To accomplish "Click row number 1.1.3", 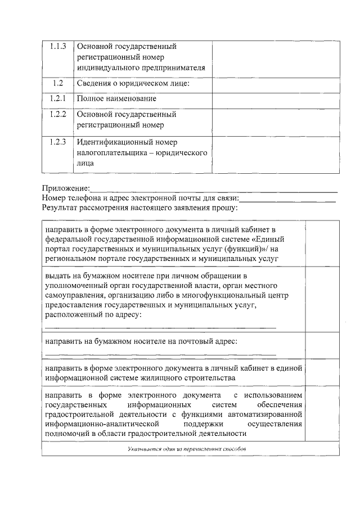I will click(57, 46).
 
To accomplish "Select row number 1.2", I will click(57, 83).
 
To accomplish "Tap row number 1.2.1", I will click(57, 98).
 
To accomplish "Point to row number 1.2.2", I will click(57, 114).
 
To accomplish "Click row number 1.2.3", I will click(57, 141).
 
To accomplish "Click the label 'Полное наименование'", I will click(116, 99).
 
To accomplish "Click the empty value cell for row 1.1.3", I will click(276, 57).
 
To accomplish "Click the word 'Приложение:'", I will click(66, 188).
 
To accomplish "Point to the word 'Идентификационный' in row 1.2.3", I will click(113, 142).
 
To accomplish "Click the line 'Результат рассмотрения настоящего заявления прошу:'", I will click(139, 208).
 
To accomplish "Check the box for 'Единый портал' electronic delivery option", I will click(322, 244).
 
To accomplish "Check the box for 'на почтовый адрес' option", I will click(322, 346).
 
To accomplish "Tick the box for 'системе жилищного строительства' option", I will click(322, 372).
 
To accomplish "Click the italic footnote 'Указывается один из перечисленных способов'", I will click(191, 449).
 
